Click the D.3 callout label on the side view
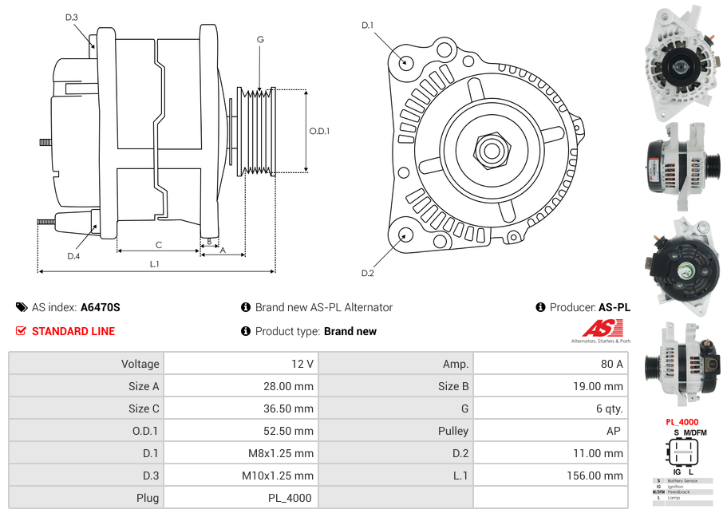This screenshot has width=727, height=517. coord(72,18)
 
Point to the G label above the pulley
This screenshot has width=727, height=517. coord(260,39)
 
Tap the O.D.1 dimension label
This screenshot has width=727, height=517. coord(319,131)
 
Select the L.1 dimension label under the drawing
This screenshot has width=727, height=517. coord(155,263)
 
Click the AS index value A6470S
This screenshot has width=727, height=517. coord(101,307)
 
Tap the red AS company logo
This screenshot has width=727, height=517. coord(602,328)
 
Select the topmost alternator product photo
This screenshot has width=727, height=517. coord(683,64)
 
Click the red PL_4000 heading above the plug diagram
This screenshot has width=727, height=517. coord(682,422)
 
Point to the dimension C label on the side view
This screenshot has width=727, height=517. coord(159,245)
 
